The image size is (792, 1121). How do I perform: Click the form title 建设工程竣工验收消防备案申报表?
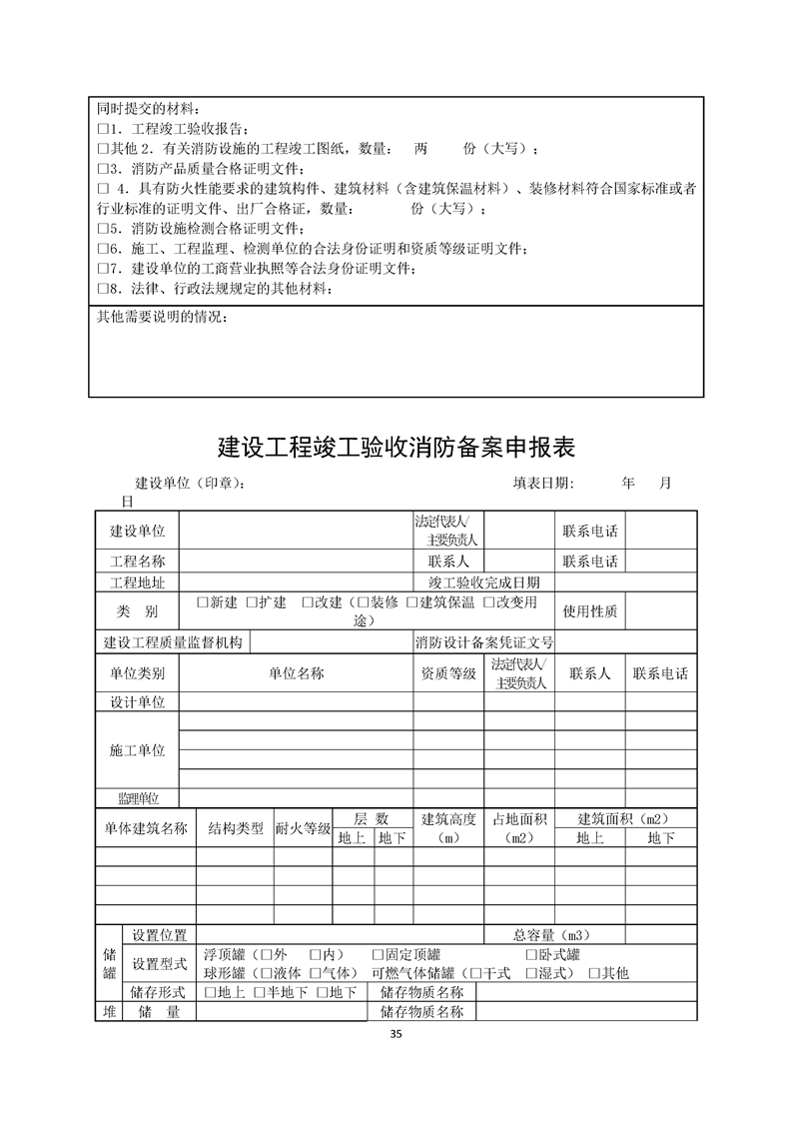coord(396,446)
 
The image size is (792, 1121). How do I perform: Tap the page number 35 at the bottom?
coord(396,1033)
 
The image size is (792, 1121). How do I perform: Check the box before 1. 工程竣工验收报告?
coord(102,130)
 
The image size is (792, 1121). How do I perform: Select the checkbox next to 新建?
coord(202,602)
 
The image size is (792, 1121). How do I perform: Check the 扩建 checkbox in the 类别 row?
coord(252,602)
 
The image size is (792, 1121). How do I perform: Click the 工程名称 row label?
coord(137,560)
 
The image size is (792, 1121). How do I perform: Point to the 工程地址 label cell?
coord(137,582)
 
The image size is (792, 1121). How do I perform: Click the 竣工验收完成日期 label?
coord(484,582)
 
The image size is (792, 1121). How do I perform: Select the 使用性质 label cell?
coord(590,610)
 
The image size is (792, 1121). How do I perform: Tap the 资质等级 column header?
coord(449,673)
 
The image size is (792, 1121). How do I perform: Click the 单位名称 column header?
coord(297,673)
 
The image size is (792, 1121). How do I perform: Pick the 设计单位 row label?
coord(137,702)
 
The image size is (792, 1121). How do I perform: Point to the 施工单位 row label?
coord(137,750)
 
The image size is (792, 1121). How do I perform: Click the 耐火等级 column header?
coord(303,828)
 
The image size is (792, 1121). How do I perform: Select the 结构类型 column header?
coord(236,828)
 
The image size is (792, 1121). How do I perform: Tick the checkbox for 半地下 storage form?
coord(259,992)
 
